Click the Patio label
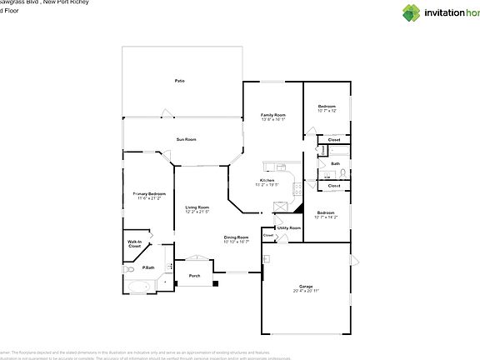click(x=179, y=81)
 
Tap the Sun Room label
click(x=185, y=139)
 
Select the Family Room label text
click(x=272, y=115)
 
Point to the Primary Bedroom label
click(x=149, y=193)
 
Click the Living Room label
click(x=197, y=207)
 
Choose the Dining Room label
click(x=237, y=237)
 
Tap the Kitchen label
click(x=267, y=181)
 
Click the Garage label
click(x=306, y=285)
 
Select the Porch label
click(x=194, y=276)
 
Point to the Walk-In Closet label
click(x=134, y=245)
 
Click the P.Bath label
click(x=147, y=267)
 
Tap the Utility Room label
click(x=289, y=227)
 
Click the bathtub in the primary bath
click(x=137, y=288)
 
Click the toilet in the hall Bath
click(x=341, y=172)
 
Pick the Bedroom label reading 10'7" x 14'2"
click(x=325, y=214)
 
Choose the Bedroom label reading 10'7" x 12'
click(x=327, y=107)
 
